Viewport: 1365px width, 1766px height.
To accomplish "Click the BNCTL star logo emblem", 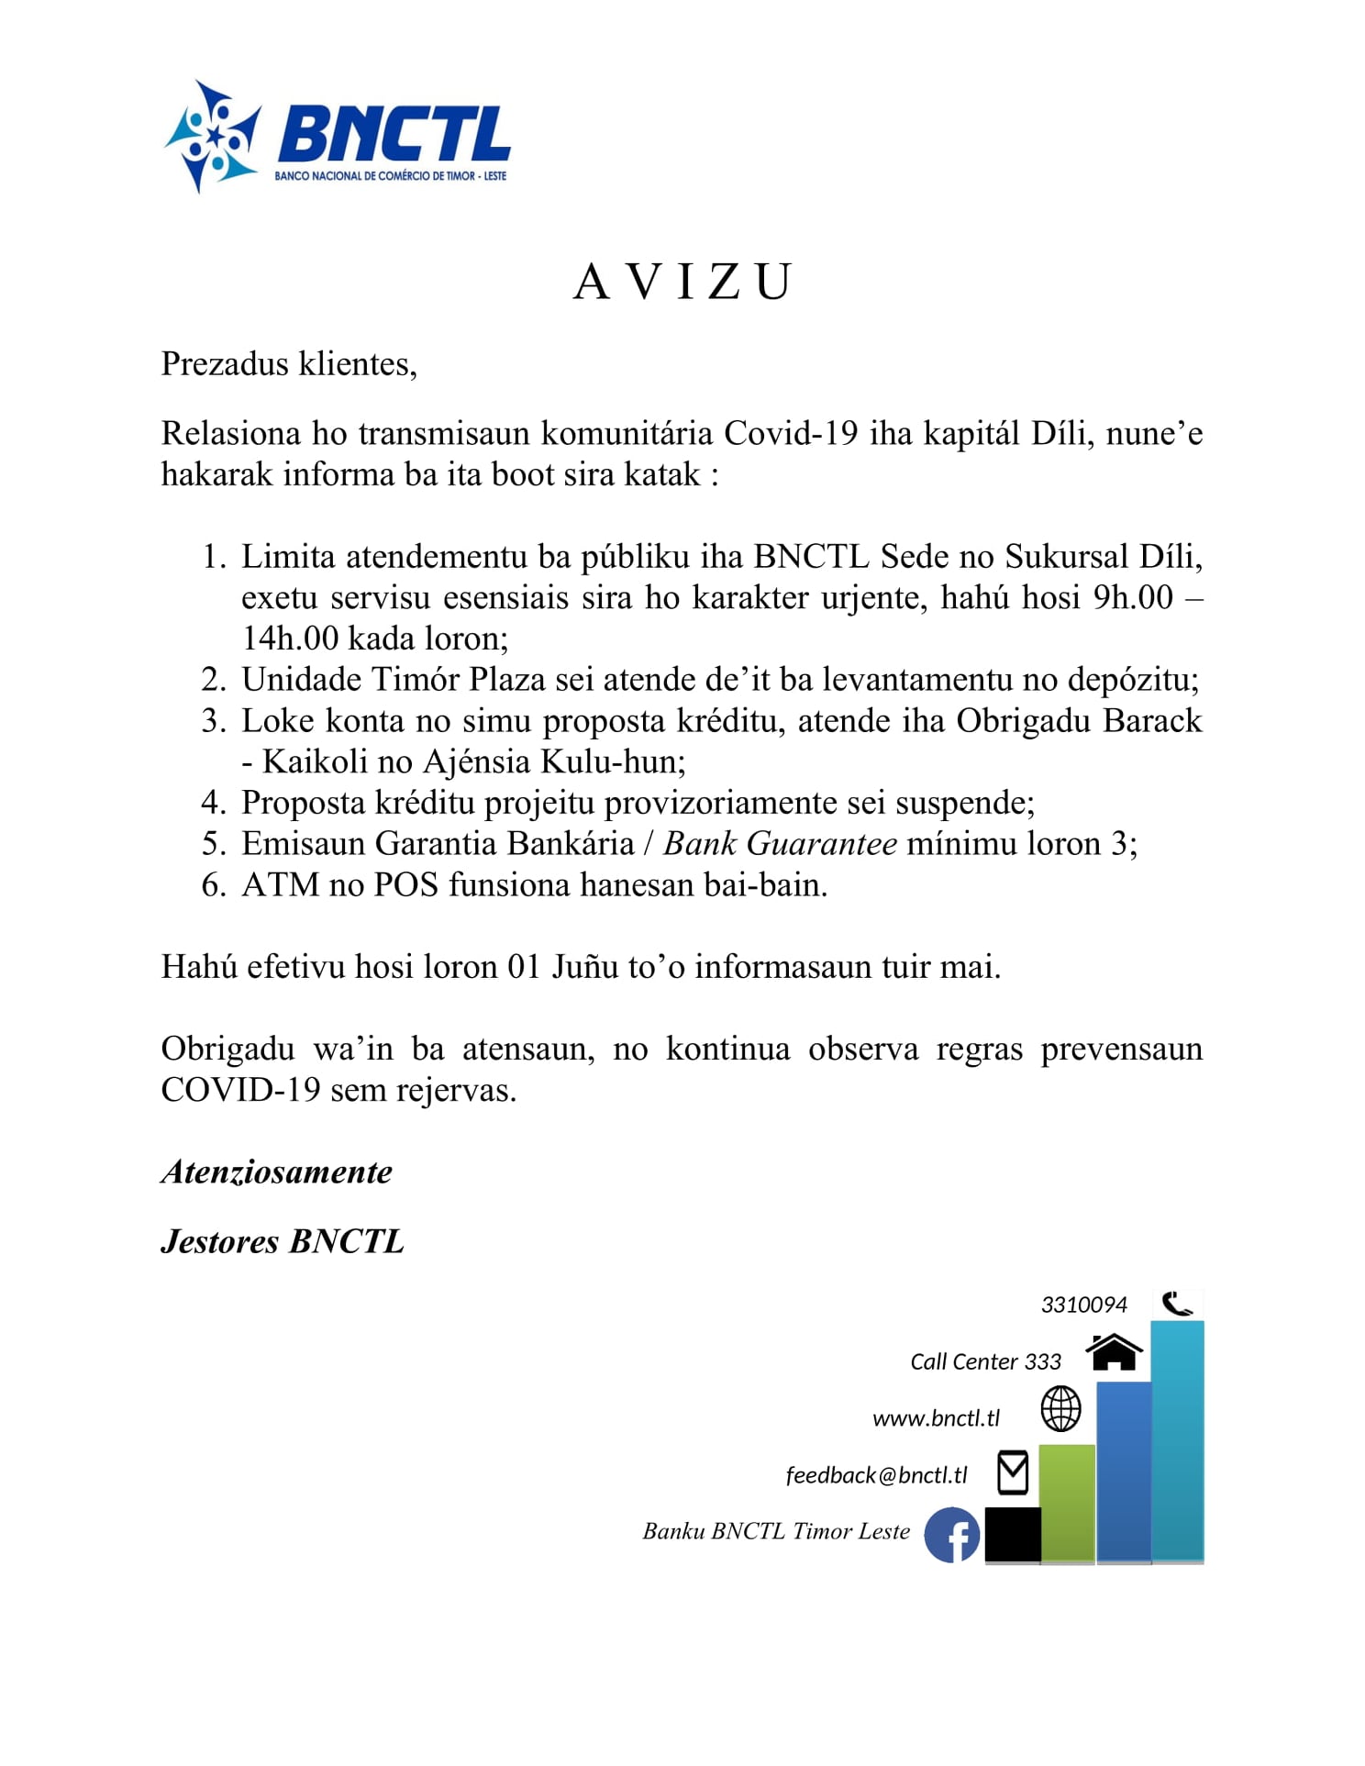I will point(212,138).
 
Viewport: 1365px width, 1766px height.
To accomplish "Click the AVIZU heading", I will point(682,282).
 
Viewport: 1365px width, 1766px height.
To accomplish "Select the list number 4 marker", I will point(213,803).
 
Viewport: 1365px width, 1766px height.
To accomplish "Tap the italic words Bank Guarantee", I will point(780,843).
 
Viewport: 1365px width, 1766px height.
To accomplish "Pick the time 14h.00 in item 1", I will point(290,638).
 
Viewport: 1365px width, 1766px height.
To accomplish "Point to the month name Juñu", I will point(584,966).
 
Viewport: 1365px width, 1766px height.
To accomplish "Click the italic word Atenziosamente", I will point(277,1172).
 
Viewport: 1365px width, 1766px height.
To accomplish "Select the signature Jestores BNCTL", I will point(283,1241).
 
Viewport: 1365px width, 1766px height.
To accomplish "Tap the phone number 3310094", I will point(1083,1305).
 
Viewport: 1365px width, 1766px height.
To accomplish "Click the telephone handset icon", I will point(1177,1304).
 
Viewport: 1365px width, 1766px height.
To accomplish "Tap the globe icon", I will point(1060,1408).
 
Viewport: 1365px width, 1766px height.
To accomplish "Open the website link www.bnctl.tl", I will point(936,1418).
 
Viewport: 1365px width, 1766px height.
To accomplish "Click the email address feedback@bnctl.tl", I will point(876,1475).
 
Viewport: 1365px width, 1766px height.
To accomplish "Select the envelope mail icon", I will point(1013,1472).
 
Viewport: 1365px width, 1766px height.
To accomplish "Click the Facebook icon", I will point(952,1535).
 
